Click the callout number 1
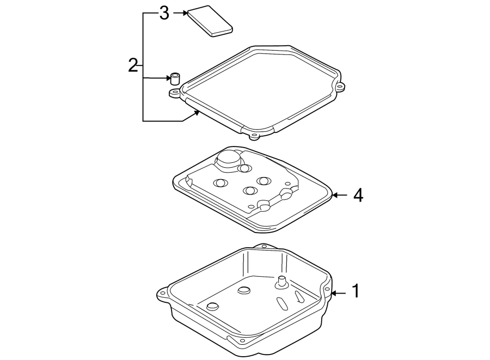tap(355, 291)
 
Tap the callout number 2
tap(133, 65)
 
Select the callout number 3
tap(164, 14)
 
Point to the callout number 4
tap(357, 195)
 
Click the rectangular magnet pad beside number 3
tap(210, 22)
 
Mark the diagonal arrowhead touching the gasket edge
tap(197, 113)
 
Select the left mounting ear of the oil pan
tap(162, 293)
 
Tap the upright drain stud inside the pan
tap(282, 281)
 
